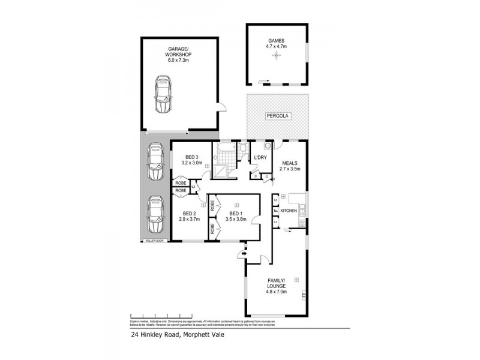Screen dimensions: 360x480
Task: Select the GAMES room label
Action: [276, 40]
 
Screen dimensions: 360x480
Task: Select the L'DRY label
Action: [260, 157]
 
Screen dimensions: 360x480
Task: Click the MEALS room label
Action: [289, 162]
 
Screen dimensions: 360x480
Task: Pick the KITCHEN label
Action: [289, 211]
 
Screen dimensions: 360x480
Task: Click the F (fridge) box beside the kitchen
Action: [275, 211]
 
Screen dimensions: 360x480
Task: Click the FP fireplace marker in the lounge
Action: [304, 295]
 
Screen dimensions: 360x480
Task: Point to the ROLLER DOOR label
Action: [154, 241]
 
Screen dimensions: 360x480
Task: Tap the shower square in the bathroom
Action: [220, 170]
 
